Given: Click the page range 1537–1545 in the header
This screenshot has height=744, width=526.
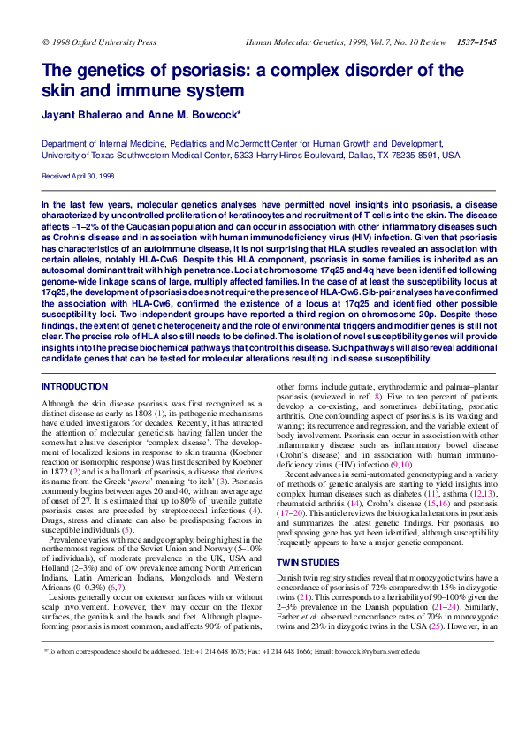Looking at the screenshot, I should (x=476, y=42).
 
